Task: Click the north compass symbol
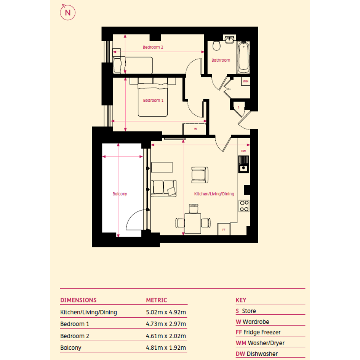(x=68, y=13)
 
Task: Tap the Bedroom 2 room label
(x=153, y=47)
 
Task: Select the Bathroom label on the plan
(x=221, y=60)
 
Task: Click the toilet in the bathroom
(x=216, y=46)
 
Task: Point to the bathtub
(x=243, y=58)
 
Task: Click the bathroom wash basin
(x=229, y=39)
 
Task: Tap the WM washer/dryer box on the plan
(x=246, y=81)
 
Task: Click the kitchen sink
(x=243, y=164)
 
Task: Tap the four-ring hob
(x=244, y=206)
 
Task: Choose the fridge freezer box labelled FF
(x=224, y=229)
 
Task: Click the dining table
(x=193, y=224)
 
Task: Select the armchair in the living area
(x=200, y=175)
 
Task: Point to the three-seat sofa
(x=164, y=188)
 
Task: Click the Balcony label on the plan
(x=120, y=194)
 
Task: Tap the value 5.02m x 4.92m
(x=166, y=312)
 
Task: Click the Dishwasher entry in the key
(x=257, y=354)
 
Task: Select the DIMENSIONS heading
(x=78, y=300)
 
